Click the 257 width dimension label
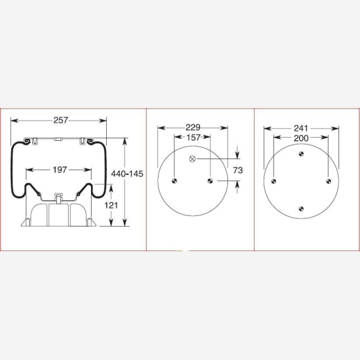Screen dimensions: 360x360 point(61,120)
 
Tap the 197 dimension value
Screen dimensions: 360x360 point(60,170)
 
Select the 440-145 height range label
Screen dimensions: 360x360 point(127,174)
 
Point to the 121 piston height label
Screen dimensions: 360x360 point(111,205)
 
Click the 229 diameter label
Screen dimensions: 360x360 point(193,128)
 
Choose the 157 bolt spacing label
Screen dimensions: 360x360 point(193,138)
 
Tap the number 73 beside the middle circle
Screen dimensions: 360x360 point(238,170)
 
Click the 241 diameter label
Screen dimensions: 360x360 point(301,128)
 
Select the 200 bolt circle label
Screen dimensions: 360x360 point(301,138)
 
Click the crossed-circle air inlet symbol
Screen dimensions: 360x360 point(193,159)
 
